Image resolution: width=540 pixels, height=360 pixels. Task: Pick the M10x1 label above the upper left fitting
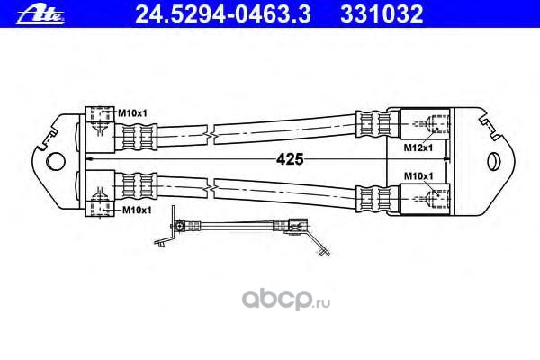coord(132,112)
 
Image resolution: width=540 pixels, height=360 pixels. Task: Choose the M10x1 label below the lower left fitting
coord(134,209)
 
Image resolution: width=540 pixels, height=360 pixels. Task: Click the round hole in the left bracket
coord(57,162)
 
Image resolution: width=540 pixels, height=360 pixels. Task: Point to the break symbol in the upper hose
coord(209,134)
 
